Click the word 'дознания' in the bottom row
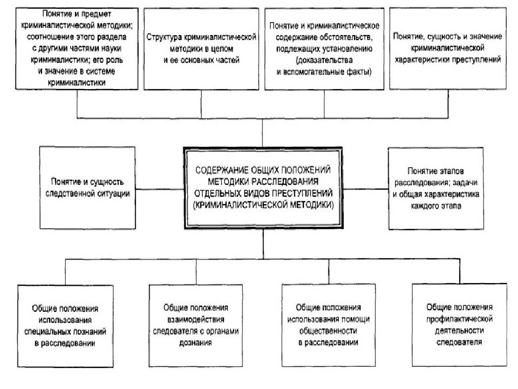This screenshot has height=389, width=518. point(195,343)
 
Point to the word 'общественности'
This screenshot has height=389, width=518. point(328,331)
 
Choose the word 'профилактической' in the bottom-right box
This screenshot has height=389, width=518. point(459,319)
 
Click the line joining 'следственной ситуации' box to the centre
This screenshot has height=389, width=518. point(160,189)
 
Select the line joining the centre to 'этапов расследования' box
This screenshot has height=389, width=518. point(365,189)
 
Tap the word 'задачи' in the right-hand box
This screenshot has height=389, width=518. point(465,183)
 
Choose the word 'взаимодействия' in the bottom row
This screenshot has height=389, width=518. point(195,319)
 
